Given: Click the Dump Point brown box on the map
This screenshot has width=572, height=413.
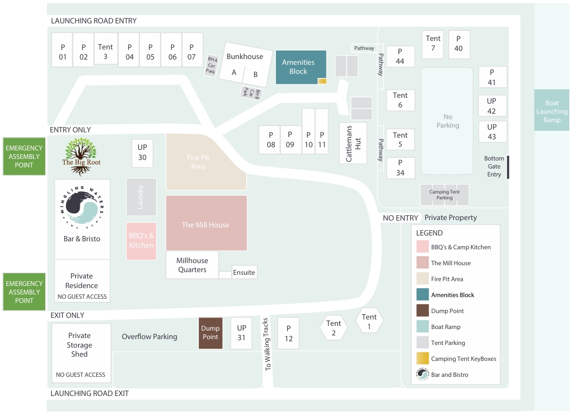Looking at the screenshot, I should click(x=211, y=333).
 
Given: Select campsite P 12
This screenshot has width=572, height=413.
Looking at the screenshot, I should click(x=289, y=333).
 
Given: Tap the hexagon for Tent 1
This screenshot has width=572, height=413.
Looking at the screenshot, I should click(x=369, y=320).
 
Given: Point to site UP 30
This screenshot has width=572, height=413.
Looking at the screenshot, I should click(x=142, y=153).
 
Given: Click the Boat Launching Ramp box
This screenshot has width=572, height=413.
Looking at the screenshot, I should click(x=552, y=111).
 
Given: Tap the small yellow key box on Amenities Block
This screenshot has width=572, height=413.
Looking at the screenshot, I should click(x=322, y=81).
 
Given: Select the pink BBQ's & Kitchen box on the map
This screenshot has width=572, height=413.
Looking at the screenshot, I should click(x=141, y=241).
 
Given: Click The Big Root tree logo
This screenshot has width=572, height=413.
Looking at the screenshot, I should click(x=81, y=156).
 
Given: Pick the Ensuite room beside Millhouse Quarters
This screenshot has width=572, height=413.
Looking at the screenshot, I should click(x=244, y=272).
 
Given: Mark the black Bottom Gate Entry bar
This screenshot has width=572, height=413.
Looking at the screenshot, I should click(x=508, y=167).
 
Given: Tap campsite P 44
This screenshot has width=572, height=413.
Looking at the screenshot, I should click(x=400, y=56).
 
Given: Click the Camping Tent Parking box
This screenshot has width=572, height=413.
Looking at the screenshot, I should click(x=444, y=195).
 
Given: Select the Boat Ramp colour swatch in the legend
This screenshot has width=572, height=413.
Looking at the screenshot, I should click(x=423, y=327).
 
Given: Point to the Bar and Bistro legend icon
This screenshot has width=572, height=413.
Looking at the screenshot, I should click(x=423, y=375).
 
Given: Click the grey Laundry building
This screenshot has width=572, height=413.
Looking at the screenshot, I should click(x=141, y=197).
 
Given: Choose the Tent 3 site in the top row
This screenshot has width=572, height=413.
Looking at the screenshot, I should click(x=105, y=51).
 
